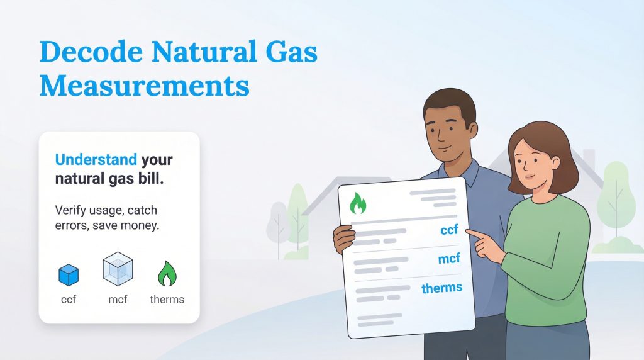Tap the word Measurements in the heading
(144, 86)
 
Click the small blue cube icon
(69, 274)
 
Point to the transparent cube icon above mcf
(118, 271)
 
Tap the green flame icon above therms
(167, 274)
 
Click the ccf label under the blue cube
(69, 299)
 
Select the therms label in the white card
(167, 299)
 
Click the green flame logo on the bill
(358, 203)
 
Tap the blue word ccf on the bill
(449, 230)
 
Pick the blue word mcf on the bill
(449, 258)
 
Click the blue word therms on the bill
(441, 288)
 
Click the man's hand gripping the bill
(343, 239)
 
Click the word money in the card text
(142, 225)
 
